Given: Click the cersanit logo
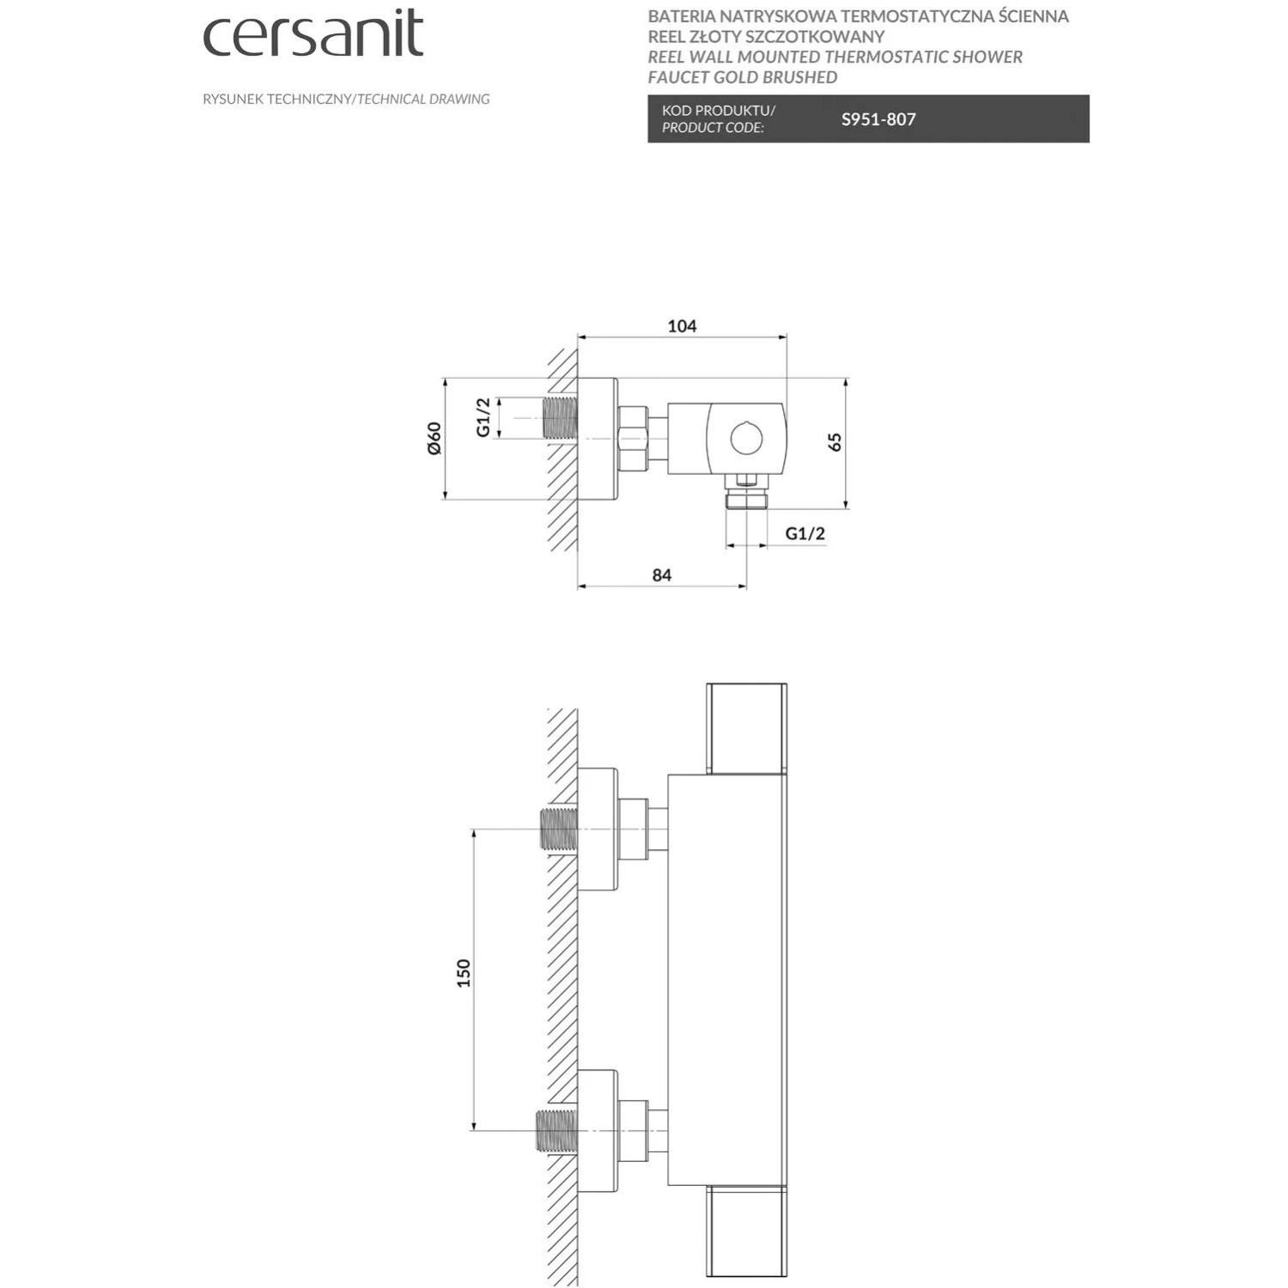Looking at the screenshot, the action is pyautogui.click(x=313, y=34).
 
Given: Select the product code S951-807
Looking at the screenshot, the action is pyautogui.click(x=878, y=119).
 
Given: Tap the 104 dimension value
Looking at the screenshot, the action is pyautogui.click(x=682, y=325).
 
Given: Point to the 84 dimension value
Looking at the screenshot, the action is pyautogui.click(x=661, y=574).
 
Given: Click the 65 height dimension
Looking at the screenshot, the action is pyautogui.click(x=835, y=442).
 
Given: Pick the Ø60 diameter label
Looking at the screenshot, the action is pyautogui.click(x=434, y=438).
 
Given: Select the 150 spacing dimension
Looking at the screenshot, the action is pyautogui.click(x=464, y=973).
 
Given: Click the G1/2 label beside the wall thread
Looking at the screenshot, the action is pyautogui.click(x=483, y=417).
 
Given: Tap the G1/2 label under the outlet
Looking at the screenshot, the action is pyautogui.click(x=805, y=533).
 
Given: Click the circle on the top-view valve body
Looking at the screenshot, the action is pyautogui.click(x=746, y=439).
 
